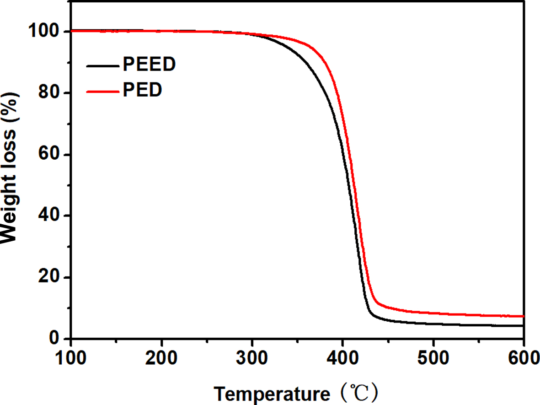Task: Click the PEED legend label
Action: pyautogui.click(x=149, y=65)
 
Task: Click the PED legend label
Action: pyautogui.click(x=142, y=90)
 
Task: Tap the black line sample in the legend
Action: pyautogui.click(x=103, y=66)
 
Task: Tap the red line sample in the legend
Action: pyautogui.click(x=103, y=91)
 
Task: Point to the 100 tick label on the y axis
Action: pyautogui.click(x=43, y=32)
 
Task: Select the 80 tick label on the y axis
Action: pyautogui.click(x=49, y=93)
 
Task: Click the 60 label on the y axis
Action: pyautogui.click(x=49, y=155)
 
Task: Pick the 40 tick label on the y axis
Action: pyautogui.click(x=49, y=216)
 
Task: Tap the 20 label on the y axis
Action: pyautogui.click(x=49, y=278)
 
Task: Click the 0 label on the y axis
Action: pyautogui.click(x=55, y=339)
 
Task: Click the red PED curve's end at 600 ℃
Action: pyautogui.click(x=523, y=316)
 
